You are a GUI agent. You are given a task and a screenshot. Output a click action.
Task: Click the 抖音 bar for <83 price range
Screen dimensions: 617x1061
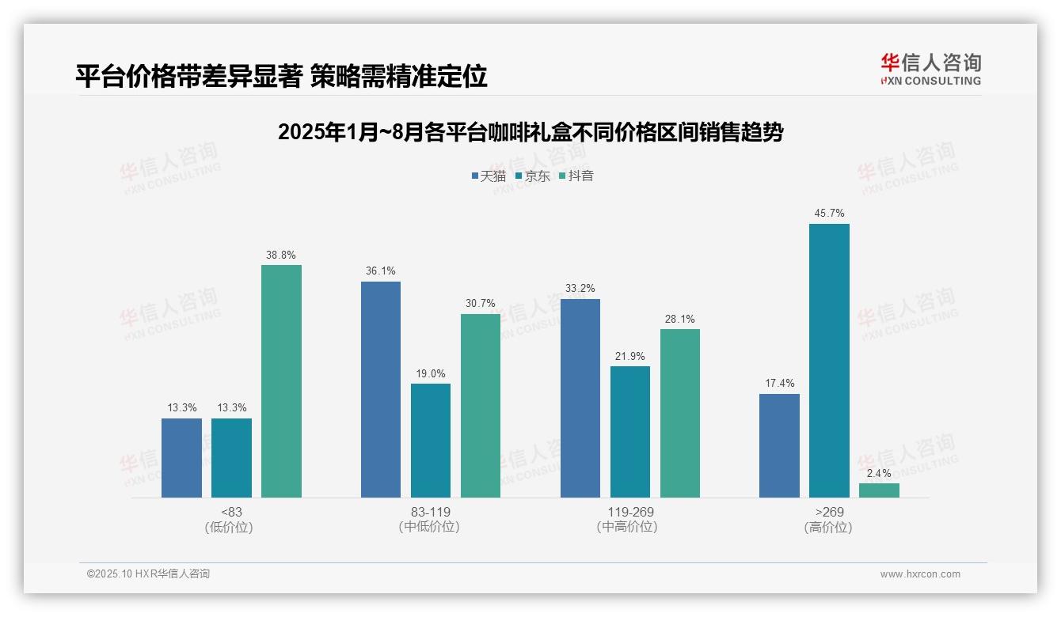[x=281, y=381]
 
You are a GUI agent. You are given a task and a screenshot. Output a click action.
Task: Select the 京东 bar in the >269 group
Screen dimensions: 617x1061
[x=829, y=361]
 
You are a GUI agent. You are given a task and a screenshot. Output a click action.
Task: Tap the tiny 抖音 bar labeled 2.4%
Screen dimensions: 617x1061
[x=879, y=490]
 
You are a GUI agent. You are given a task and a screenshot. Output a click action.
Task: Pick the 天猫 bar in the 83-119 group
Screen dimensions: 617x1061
[x=381, y=389]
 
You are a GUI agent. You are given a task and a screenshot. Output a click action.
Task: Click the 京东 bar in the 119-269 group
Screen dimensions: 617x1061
[x=630, y=432]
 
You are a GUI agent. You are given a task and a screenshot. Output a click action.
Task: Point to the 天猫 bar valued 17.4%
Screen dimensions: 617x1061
[x=779, y=445]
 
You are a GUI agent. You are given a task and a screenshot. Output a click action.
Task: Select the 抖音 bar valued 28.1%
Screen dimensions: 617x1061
[x=680, y=413]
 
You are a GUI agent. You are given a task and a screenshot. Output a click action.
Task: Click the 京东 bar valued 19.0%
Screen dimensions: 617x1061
[x=431, y=441]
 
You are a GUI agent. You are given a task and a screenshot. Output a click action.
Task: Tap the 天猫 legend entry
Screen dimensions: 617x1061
[x=489, y=176]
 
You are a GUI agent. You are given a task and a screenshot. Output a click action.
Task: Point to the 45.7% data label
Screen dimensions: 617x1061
[x=829, y=213]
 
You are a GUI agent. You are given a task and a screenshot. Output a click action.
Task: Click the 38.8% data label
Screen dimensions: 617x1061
[x=281, y=255]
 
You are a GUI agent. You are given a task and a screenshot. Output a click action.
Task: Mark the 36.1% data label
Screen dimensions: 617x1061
[x=381, y=271]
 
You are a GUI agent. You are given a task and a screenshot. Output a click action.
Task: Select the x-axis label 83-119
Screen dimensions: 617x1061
[x=430, y=512]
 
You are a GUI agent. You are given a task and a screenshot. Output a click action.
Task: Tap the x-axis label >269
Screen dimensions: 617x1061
[x=829, y=512]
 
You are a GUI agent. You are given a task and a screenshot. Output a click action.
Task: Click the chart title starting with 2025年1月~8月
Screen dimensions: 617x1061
[x=530, y=132]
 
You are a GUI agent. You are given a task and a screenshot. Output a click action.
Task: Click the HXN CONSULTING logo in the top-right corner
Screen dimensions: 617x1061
[x=931, y=70]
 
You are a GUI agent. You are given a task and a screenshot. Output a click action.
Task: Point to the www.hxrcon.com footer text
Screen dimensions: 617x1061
[x=920, y=574]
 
